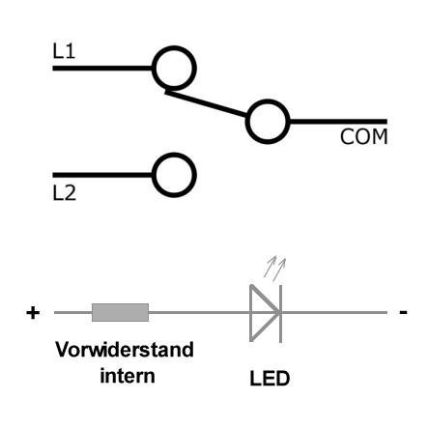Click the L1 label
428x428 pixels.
[x=64, y=51]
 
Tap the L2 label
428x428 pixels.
[x=64, y=193]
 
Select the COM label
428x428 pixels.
[x=363, y=136]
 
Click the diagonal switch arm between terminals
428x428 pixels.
[x=206, y=104]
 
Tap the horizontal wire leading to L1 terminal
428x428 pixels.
[x=102, y=68]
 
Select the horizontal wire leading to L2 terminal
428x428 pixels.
[x=102, y=175]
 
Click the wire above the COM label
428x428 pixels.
[x=338, y=122]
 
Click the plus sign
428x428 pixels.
[x=33, y=313]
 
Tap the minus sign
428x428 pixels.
[x=403, y=312]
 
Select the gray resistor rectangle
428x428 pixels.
[x=120, y=312]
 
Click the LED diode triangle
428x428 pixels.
[x=251, y=312]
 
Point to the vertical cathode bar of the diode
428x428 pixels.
[x=281, y=314]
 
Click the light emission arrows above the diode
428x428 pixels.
[x=274, y=268]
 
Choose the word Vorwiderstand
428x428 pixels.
[x=125, y=350]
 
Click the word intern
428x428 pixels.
[x=128, y=376]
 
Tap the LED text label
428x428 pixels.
[x=270, y=379]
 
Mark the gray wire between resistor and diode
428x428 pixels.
[x=199, y=312]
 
